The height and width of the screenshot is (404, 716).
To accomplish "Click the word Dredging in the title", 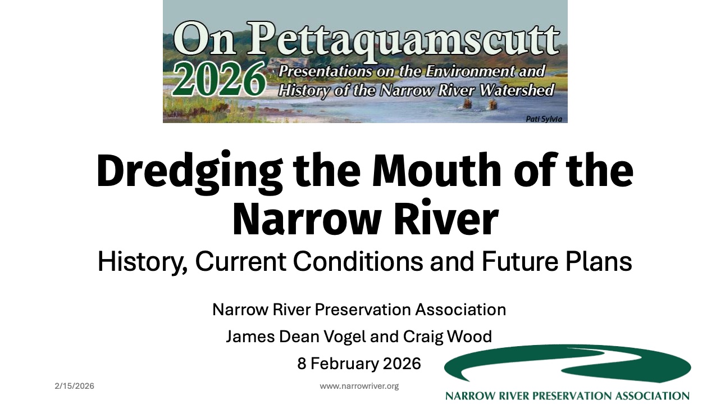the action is (x=190, y=172).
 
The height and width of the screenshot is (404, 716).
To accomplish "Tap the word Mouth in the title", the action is (x=436, y=170).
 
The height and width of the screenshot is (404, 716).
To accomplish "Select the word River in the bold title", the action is (x=446, y=219).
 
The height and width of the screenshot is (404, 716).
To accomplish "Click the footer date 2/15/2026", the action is (x=75, y=386).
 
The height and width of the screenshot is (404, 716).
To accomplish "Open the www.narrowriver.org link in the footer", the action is (x=359, y=386).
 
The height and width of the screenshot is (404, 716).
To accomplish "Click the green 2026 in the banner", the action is (x=219, y=79).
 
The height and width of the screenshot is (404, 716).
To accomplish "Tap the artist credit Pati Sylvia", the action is (x=544, y=119).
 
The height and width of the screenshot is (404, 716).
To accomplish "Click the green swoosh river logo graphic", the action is (x=567, y=364).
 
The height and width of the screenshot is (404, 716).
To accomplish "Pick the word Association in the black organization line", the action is (x=460, y=310).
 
